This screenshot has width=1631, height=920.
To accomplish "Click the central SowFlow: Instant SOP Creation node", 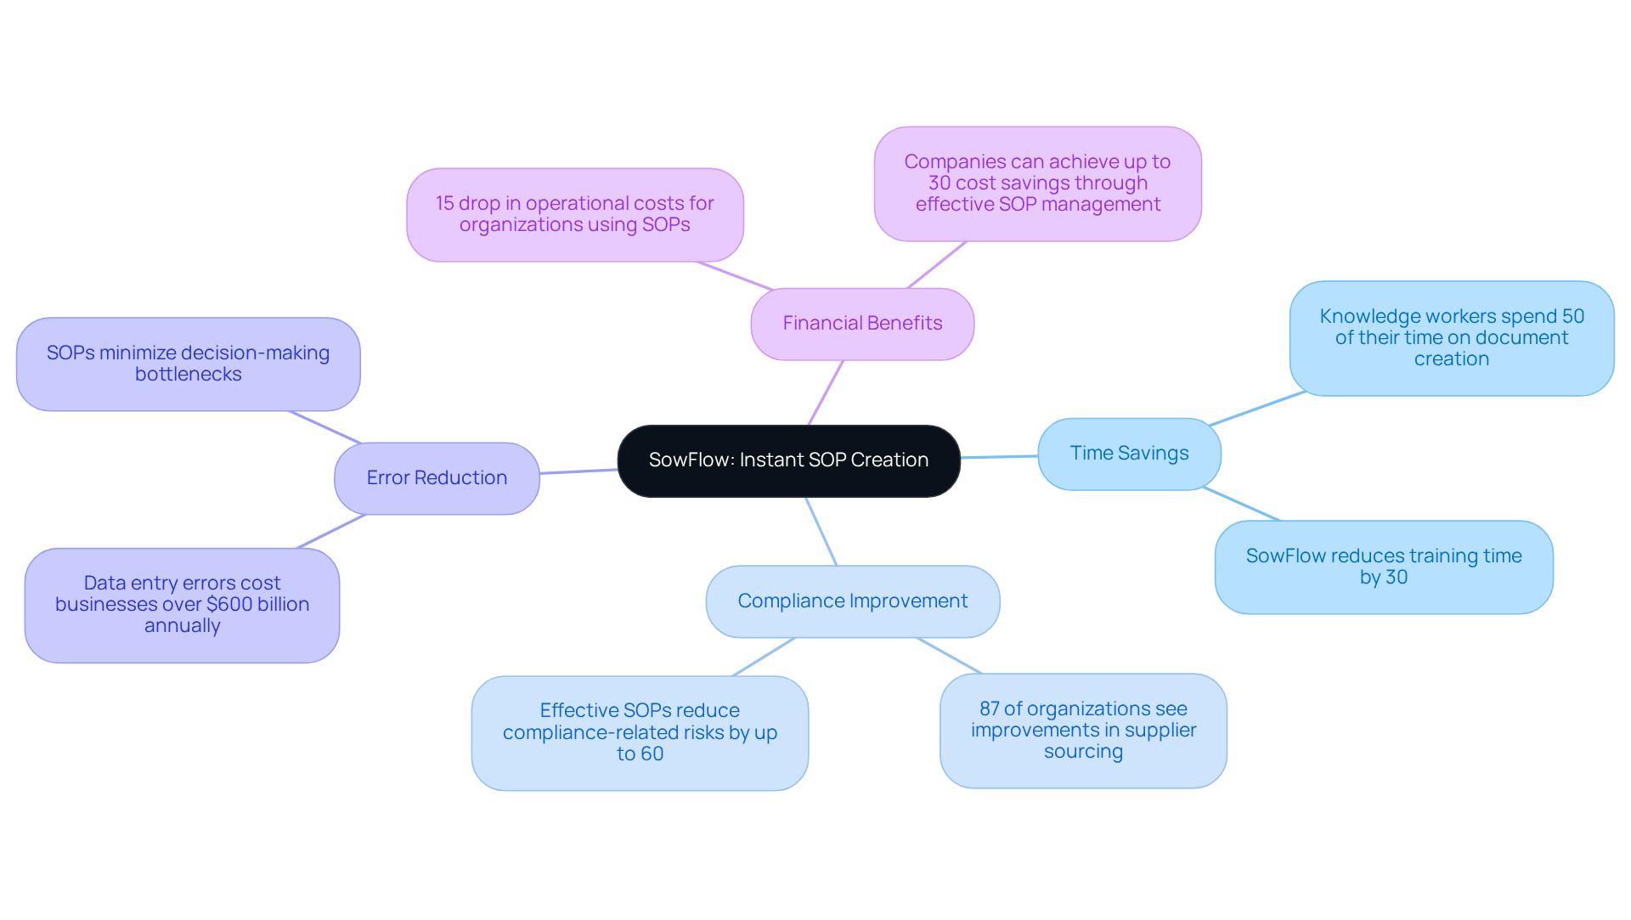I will [x=788, y=460].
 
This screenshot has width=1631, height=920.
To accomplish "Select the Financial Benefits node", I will [x=862, y=324].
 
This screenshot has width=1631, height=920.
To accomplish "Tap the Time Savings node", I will [x=1129, y=454].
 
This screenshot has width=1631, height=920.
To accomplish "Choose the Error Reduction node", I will [x=437, y=478].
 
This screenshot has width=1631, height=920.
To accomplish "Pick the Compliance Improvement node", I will [x=852, y=601].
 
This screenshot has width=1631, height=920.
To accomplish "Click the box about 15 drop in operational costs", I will [x=574, y=214].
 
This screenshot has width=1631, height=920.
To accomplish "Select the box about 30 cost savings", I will [x=1037, y=183].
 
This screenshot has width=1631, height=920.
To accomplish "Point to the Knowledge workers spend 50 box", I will [x=1451, y=338].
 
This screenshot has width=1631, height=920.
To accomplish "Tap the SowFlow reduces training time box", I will [x=1383, y=567].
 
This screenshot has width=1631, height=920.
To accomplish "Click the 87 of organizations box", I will [x=1083, y=731].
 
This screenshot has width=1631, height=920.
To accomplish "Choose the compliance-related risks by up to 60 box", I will [x=640, y=732].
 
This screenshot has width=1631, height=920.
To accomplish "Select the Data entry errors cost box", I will [x=182, y=605].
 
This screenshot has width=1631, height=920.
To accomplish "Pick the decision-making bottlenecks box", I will [x=188, y=364].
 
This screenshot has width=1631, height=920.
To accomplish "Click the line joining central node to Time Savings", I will [x=999, y=457].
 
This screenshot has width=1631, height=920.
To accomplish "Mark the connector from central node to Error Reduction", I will [x=578, y=471].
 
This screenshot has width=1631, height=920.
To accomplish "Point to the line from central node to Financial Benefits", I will [x=826, y=392].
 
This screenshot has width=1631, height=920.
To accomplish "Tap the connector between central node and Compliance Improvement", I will [x=821, y=532].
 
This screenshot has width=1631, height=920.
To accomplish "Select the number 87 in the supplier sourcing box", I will [x=990, y=709].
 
